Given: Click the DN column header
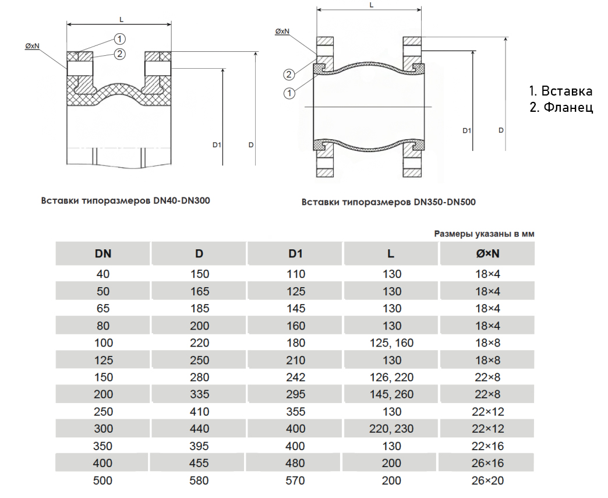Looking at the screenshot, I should tap(103, 253).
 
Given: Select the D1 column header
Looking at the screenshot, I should tap(296, 253).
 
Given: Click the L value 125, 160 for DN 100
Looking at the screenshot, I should tap(391, 343).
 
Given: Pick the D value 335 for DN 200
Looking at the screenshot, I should tap(199, 394).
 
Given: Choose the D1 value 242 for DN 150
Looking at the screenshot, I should tap(296, 377).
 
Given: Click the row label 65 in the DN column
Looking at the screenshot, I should tap(103, 308).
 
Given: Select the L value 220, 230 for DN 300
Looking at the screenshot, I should tap(391, 429).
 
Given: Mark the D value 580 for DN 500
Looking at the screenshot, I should tap(199, 481).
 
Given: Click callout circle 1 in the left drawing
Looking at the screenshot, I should tap(119, 39).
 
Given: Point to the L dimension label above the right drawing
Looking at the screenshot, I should tap(371, 5).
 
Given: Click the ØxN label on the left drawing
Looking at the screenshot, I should tap(32, 45).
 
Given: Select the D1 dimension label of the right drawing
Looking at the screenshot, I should tap(466, 130).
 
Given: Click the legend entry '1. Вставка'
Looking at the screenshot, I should tap(560, 91).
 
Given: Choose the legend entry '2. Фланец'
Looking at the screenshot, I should tap(561, 108).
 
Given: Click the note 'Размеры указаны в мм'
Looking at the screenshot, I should tap(484, 234).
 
